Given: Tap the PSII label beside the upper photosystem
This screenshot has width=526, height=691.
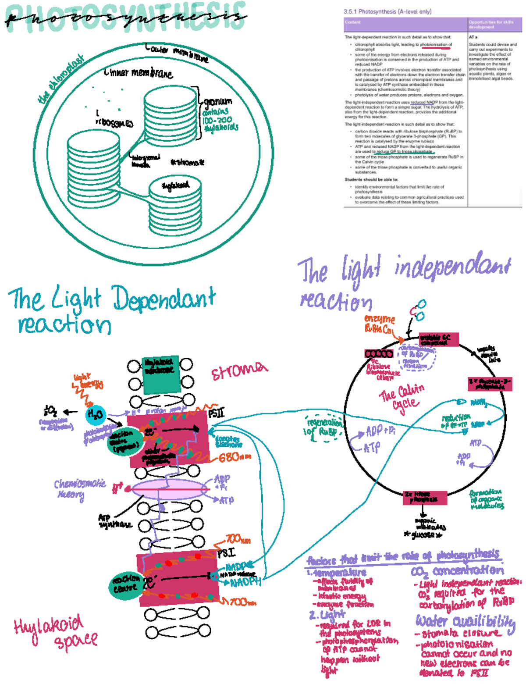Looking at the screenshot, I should tap(216, 413).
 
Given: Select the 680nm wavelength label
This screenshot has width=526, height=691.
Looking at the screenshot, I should tap(235, 458).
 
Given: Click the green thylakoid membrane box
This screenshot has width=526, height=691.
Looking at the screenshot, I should tap(161, 374).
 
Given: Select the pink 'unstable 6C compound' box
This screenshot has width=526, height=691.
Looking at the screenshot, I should tap(438, 339).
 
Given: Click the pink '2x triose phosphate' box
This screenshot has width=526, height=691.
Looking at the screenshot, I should tap(425, 497).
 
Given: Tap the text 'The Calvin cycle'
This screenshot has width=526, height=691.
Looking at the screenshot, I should tap(402, 398).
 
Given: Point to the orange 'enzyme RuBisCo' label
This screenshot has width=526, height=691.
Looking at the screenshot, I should tap(379, 324).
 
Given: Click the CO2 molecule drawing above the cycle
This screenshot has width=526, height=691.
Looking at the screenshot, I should tap(419, 310).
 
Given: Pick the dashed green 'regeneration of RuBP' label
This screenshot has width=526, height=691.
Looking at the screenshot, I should tap(324, 427).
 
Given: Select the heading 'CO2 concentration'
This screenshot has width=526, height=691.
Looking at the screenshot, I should tap(457, 571).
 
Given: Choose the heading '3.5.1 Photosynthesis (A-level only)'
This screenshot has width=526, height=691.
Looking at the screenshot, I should tap(387, 11).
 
